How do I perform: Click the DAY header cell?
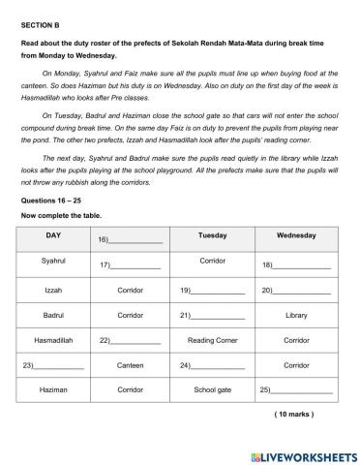coord(52,235)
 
